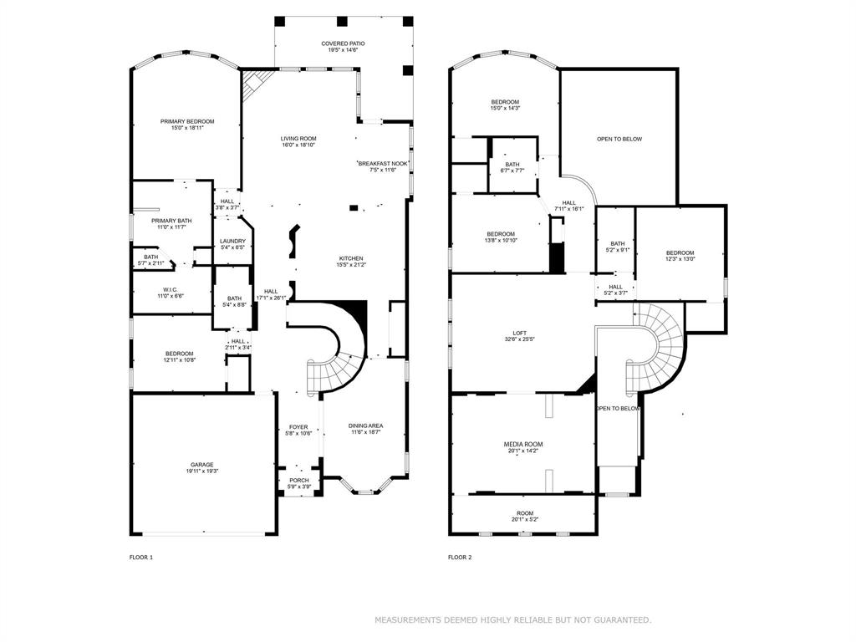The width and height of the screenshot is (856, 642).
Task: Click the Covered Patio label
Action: [343, 43]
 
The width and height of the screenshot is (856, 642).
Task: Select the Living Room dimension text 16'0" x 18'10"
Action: [298, 145]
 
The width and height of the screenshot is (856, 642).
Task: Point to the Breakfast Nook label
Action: [384, 164]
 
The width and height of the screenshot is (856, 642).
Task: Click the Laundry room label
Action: [232, 241]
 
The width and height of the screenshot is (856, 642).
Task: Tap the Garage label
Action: [201, 465]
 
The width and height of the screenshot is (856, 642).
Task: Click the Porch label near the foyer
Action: [298, 480]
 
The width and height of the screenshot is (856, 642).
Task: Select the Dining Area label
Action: [365, 425]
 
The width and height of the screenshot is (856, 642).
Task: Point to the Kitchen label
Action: [350, 257]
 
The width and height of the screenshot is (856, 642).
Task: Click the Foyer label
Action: [298, 426]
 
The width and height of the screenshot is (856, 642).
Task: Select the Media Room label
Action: [523, 444]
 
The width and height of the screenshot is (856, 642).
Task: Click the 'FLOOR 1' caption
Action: [141, 557]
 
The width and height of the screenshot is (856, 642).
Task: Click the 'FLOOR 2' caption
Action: [460, 557]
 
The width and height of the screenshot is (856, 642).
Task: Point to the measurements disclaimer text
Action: [512, 620]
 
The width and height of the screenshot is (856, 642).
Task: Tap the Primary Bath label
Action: [171, 221]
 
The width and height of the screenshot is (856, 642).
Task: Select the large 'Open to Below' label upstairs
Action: [619, 139]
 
